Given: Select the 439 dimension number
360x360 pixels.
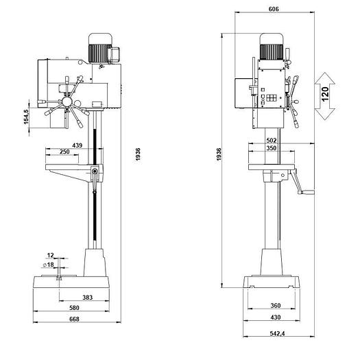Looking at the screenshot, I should pyautogui.click(x=77, y=145).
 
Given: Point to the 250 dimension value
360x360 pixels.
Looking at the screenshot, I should pyautogui.click(x=64, y=152).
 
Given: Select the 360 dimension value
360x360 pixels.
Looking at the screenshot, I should pyautogui.click(x=274, y=305).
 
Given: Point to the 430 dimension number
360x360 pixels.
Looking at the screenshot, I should pyautogui.click(x=274, y=317).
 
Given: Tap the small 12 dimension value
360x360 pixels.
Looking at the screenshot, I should pyautogui.click(x=51, y=256).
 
